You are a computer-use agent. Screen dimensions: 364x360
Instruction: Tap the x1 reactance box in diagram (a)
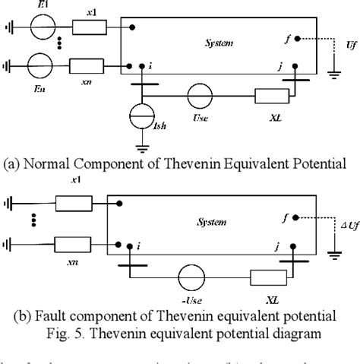pos(88,27)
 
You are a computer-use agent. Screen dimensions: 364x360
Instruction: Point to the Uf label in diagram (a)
pos(350,46)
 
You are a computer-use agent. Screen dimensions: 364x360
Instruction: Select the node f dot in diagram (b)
pos(298,217)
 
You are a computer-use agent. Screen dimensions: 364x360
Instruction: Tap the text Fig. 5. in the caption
pos(125,334)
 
